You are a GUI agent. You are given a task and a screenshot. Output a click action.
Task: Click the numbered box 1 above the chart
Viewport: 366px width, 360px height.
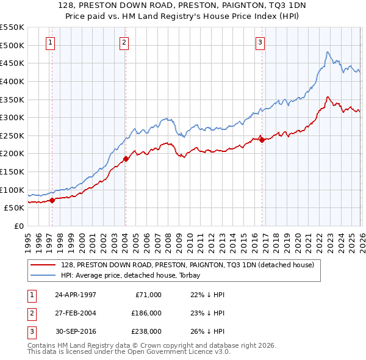pyautogui.click(x=49, y=42)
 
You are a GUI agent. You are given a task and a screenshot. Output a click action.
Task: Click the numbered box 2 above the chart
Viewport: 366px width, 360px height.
pyautogui.click(x=124, y=42)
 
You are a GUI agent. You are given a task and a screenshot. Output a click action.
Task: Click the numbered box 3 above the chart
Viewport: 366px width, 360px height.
pyautogui.click(x=260, y=42)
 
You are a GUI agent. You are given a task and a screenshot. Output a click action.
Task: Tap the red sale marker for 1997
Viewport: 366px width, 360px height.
pyautogui.click(x=52, y=200)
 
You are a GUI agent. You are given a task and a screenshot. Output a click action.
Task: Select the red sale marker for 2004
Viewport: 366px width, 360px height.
pyautogui.click(x=126, y=159)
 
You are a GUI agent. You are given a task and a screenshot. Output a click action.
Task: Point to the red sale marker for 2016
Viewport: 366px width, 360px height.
pyautogui.click(x=262, y=140)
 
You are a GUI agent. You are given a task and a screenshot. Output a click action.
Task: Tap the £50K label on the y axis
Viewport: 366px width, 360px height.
pyautogui.click(x=15, y=207)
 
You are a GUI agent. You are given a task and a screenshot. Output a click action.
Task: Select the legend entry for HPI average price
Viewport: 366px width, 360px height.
pyautogui.click(x=134, y=275)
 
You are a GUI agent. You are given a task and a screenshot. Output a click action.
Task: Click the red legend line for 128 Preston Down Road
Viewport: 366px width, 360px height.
pyautogui.click(x=44, y=265)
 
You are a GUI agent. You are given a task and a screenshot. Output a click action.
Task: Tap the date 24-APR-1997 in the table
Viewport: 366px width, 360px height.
pyautogui.click(x=75, y=295)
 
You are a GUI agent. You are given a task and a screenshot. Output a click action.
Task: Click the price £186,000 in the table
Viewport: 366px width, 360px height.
pyautogui.click(x=146, y=313)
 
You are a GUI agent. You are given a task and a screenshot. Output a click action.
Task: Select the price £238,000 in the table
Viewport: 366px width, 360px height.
pyautogui.click(x=146, y=331)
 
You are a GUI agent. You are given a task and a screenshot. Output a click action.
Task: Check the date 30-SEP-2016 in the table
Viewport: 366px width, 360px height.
pyautogui.click(x=75, y=331)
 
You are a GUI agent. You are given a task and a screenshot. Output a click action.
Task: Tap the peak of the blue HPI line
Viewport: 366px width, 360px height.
pyautogui.click(x=328, y=52)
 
